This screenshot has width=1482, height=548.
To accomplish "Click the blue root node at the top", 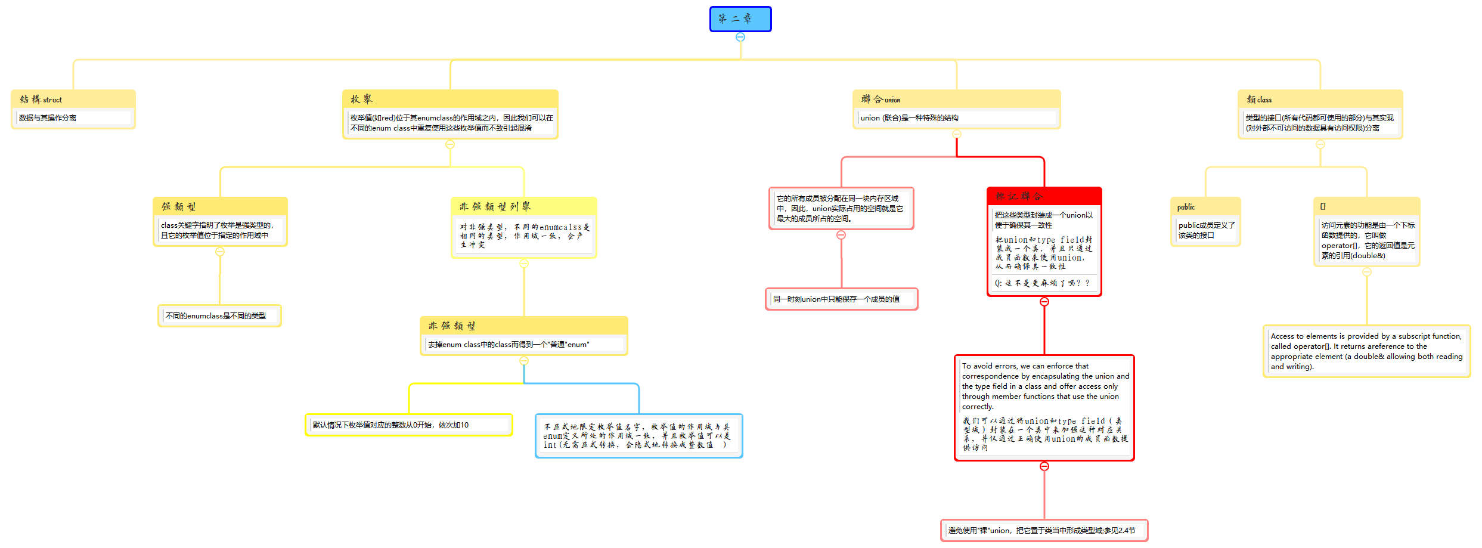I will pos(740,19).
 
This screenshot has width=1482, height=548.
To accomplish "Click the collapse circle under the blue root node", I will pos(740,37).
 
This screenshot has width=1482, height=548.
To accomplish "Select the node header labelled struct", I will pos(73,100).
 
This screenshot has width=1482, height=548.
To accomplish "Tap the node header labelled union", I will pos(956,100).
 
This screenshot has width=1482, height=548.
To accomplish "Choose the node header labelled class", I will pos(1320,100).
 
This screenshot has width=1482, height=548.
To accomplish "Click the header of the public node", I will pos(1205,207).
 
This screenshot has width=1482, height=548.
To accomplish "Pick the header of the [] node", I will pos(1366,206).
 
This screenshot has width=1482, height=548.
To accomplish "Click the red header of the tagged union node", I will pos(1044,196).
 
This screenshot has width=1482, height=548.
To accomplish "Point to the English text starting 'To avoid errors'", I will pos(1045,386).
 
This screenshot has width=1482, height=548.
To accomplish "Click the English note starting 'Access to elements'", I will pos(1366,351).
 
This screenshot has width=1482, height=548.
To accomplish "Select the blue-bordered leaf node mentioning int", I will pos(638,436).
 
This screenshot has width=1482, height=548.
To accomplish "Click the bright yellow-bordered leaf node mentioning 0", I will pos(408,425).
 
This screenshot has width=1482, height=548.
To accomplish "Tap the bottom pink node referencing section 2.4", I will pos(1044,530).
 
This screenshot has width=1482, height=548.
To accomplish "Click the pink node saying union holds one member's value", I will pos(841,299).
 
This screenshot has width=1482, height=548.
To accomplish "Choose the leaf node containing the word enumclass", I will pos(219,316).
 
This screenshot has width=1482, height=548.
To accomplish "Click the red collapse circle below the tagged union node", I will pos(1044,302).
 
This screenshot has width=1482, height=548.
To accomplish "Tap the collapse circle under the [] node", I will pos(1367,272).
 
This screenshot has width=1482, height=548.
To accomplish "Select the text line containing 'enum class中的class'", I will pos(509,345).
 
